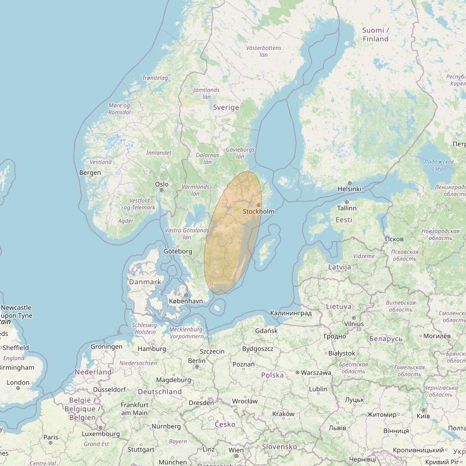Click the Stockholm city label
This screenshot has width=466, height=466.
coord(259,212)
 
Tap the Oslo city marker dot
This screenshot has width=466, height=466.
coord(162,189)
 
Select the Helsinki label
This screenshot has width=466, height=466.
coord(349,189)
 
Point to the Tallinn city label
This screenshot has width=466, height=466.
coord(346,207)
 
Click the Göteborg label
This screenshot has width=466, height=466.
coord(178,251)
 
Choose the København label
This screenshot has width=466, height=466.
coord(185,301)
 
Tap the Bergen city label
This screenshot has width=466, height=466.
coord(90,173)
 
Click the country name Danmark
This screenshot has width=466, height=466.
coord(145,282)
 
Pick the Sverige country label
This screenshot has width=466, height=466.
coord(226,107)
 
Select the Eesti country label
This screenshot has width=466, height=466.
coord(343,220)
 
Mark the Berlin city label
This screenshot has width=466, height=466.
coord(197,360)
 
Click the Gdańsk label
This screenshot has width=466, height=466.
coord(267,331)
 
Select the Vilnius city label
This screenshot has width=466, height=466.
coord(353,324)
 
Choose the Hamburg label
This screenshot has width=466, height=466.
coord(152,349)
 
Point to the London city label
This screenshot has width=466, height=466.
coord(18,382)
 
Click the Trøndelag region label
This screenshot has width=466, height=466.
coord(155,78)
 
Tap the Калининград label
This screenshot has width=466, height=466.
coord(291,313)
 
